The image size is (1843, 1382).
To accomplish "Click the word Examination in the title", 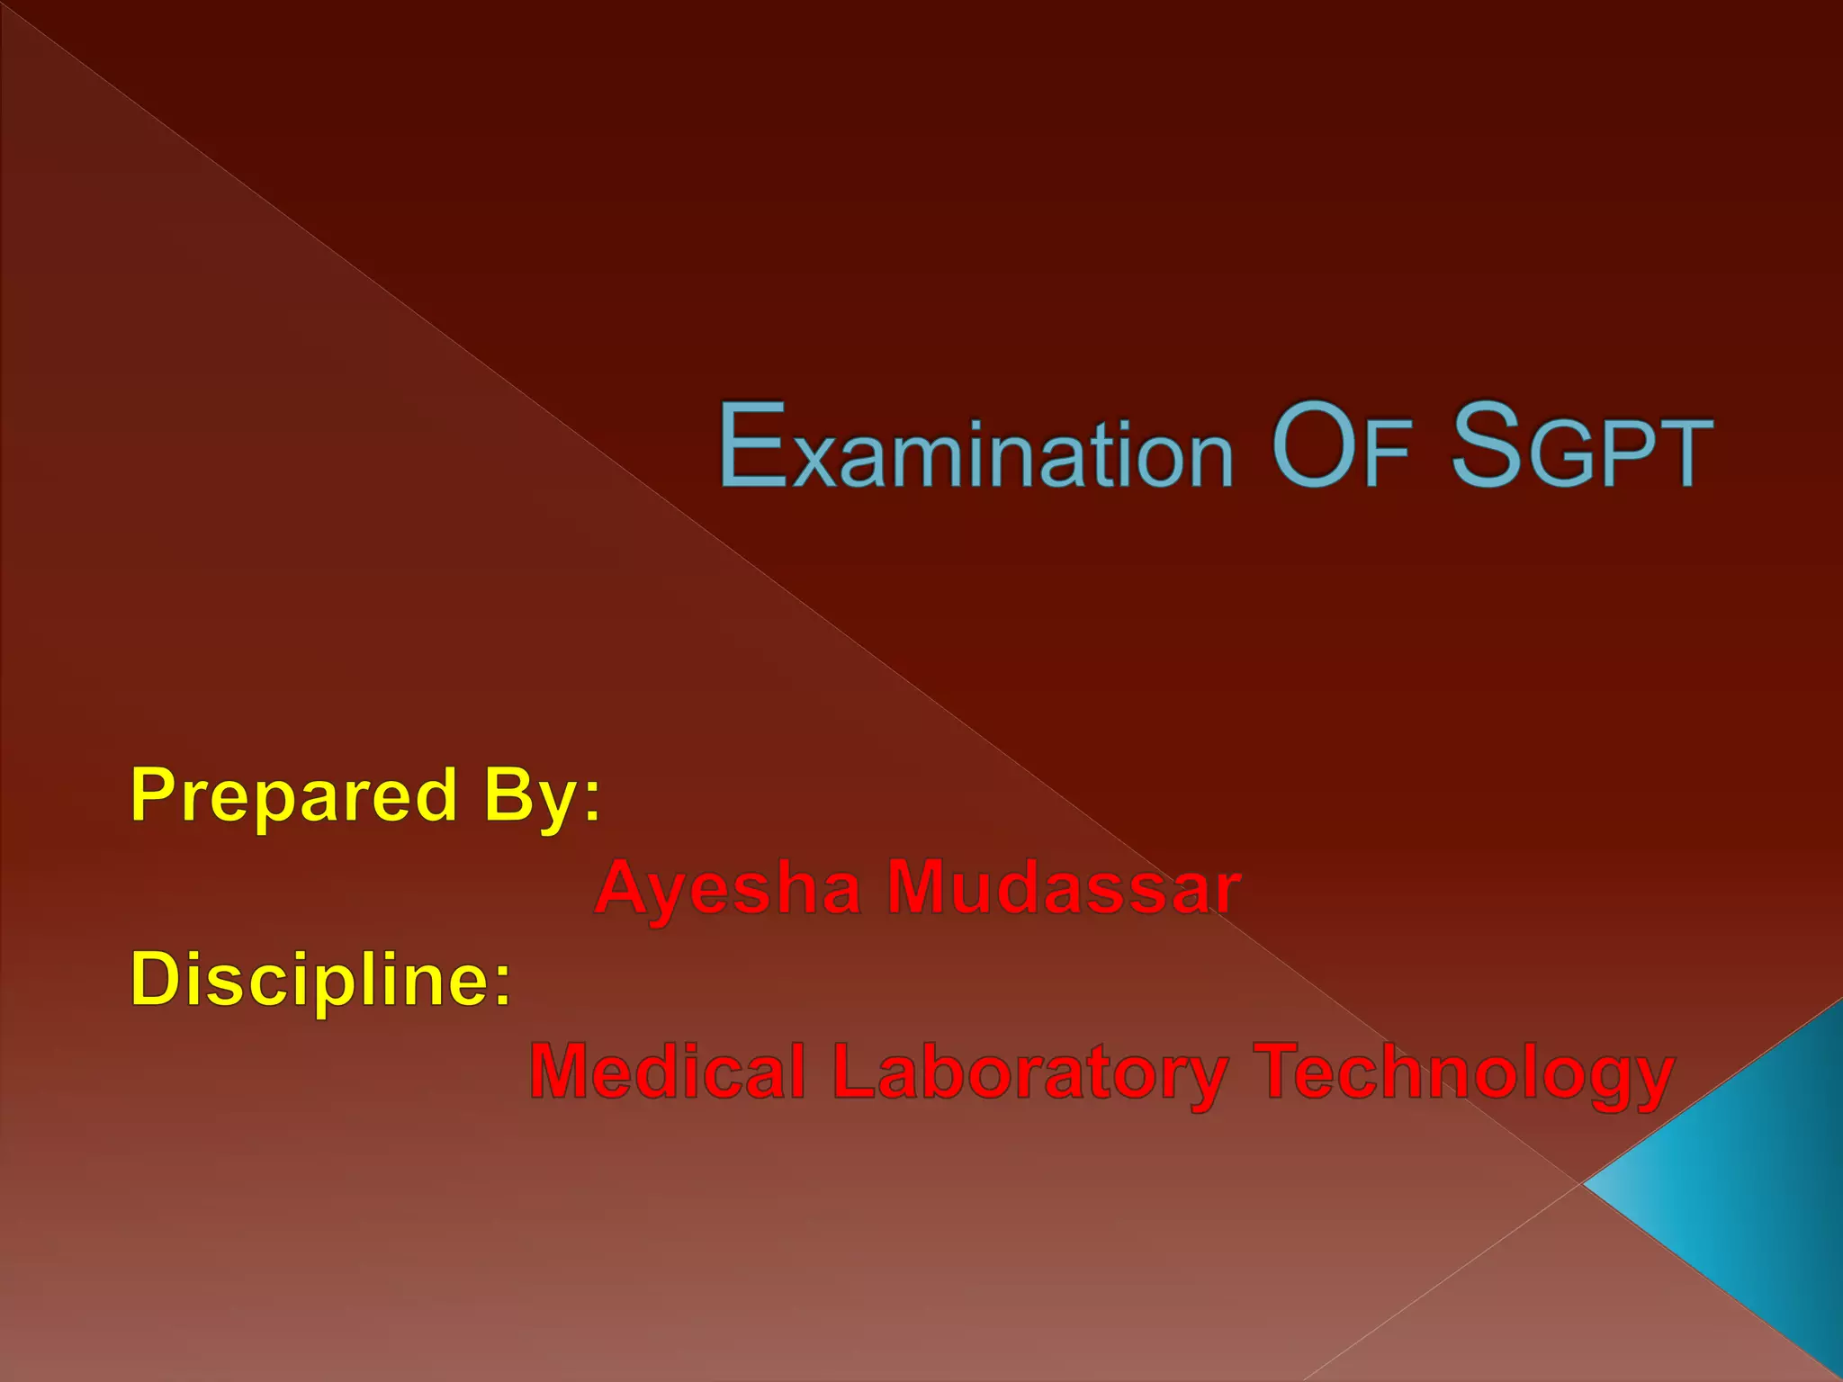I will click(x=975, y=447).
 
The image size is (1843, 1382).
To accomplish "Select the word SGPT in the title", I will click(x=1582, y=447).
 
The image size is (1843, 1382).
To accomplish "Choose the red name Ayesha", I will click(x=728, y=888).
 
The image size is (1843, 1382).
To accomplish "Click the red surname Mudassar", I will click(x=1064, y=888).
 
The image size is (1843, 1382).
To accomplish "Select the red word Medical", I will click(x=667, y=1072).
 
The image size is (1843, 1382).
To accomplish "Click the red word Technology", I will click(x=1464, y=1072).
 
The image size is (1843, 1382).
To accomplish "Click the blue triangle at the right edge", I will click(x=1755, y=1188).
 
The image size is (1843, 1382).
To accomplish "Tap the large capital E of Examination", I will click(x=752, y=445).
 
